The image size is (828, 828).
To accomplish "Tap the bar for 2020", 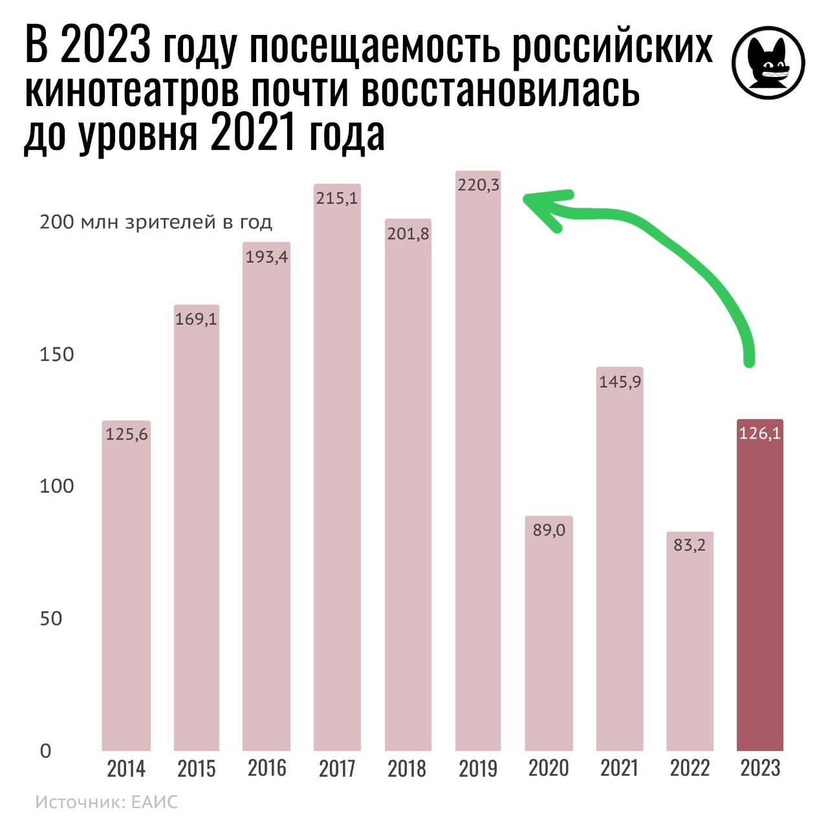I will click(x=549, y=634).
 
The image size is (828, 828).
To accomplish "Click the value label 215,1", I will click(x=337, y=199).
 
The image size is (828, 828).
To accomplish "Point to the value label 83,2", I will click(x=690, y=545).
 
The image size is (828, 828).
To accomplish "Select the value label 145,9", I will click(x=620, y=382).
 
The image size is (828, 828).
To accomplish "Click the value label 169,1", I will click(x=196, y=319).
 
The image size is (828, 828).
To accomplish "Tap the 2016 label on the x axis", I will click(x=267, y=768).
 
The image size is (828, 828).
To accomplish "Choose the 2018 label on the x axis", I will click(x=408, y=768).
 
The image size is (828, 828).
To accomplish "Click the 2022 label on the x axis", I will click(x=690, y=768).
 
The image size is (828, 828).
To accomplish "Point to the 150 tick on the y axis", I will click(x=57, y=354).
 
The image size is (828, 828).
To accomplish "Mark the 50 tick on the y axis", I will click(x=50, y=618).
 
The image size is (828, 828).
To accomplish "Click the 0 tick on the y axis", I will click(x=45, y=751).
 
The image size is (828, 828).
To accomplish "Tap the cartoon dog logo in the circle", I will click(x=768, y=64).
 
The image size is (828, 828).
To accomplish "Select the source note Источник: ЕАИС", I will click(x=106, y=803).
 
